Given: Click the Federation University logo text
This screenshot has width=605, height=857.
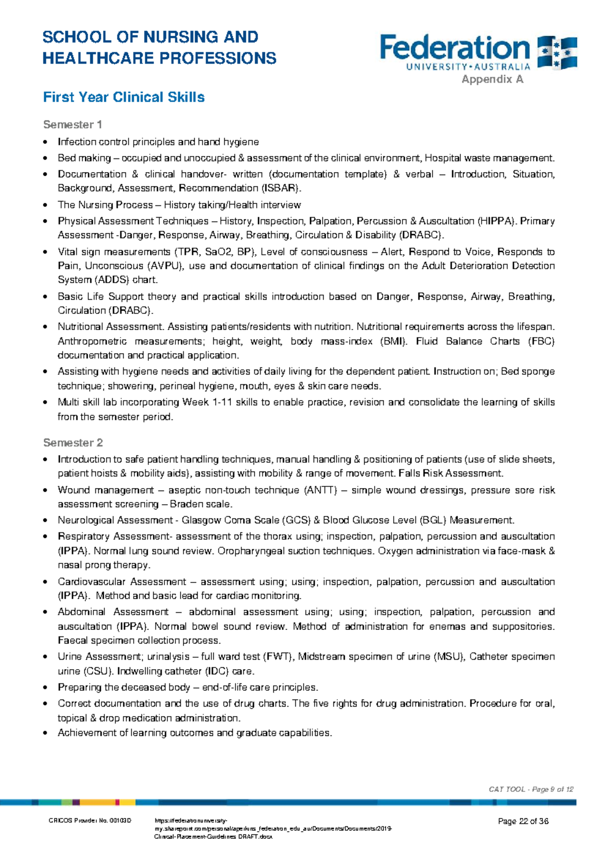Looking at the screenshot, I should (455, 49).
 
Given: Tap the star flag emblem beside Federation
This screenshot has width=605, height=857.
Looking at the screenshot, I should (557, 52).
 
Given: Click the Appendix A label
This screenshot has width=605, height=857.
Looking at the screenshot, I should (492, 79).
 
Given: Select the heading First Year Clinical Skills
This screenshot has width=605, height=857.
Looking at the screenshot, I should (124, 97).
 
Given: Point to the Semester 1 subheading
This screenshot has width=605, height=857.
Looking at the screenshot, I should (73, 124).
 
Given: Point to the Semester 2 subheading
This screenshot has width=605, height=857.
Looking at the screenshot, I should (73, 443).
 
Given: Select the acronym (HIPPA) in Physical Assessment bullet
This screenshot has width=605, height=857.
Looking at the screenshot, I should (496, 221).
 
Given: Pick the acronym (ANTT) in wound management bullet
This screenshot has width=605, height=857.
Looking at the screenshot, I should (320, 490).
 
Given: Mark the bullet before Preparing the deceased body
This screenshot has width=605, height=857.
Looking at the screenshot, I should (46, 688).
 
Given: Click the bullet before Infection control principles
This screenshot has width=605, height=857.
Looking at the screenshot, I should (46, 142).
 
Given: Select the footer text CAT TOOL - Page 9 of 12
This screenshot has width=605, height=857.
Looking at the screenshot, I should (531, 789).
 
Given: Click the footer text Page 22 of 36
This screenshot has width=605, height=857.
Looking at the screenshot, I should (523, 821).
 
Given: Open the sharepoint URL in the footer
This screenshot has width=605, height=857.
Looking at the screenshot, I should (272, 829).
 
